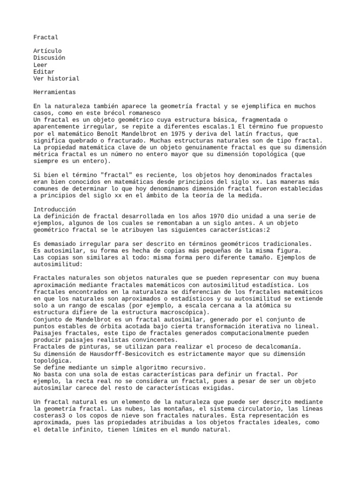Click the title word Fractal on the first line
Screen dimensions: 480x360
coord(46,37)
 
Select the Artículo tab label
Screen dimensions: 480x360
coord(47,51)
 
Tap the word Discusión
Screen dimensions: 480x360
coord(49,58)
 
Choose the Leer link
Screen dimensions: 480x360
coord(41,65)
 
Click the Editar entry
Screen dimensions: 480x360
coord(44,72)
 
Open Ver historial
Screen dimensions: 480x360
coord(56,79)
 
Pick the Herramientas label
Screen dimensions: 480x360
coord(54,92)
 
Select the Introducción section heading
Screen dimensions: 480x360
coord(54,209)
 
